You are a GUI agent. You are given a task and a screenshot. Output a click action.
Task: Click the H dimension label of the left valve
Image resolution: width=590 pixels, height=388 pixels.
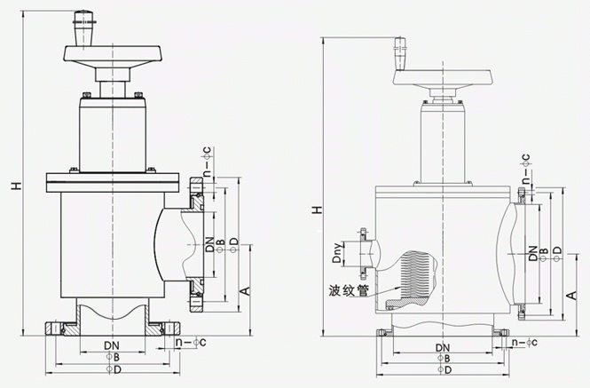[x=15, y=186]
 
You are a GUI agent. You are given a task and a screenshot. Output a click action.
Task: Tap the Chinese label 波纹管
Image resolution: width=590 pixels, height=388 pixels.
[x=348, y=289]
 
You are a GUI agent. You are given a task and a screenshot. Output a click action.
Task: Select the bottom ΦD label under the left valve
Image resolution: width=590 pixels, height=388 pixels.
[x=113, y=368]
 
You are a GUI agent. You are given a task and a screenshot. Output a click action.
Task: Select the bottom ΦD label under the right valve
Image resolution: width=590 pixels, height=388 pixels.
[x=446, y=370]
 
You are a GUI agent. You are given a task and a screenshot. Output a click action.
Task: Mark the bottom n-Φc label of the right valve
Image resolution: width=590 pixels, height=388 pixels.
[x=525, y=341]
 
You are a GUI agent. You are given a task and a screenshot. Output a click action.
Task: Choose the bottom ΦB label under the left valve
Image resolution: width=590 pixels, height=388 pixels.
[x=113, y=355]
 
